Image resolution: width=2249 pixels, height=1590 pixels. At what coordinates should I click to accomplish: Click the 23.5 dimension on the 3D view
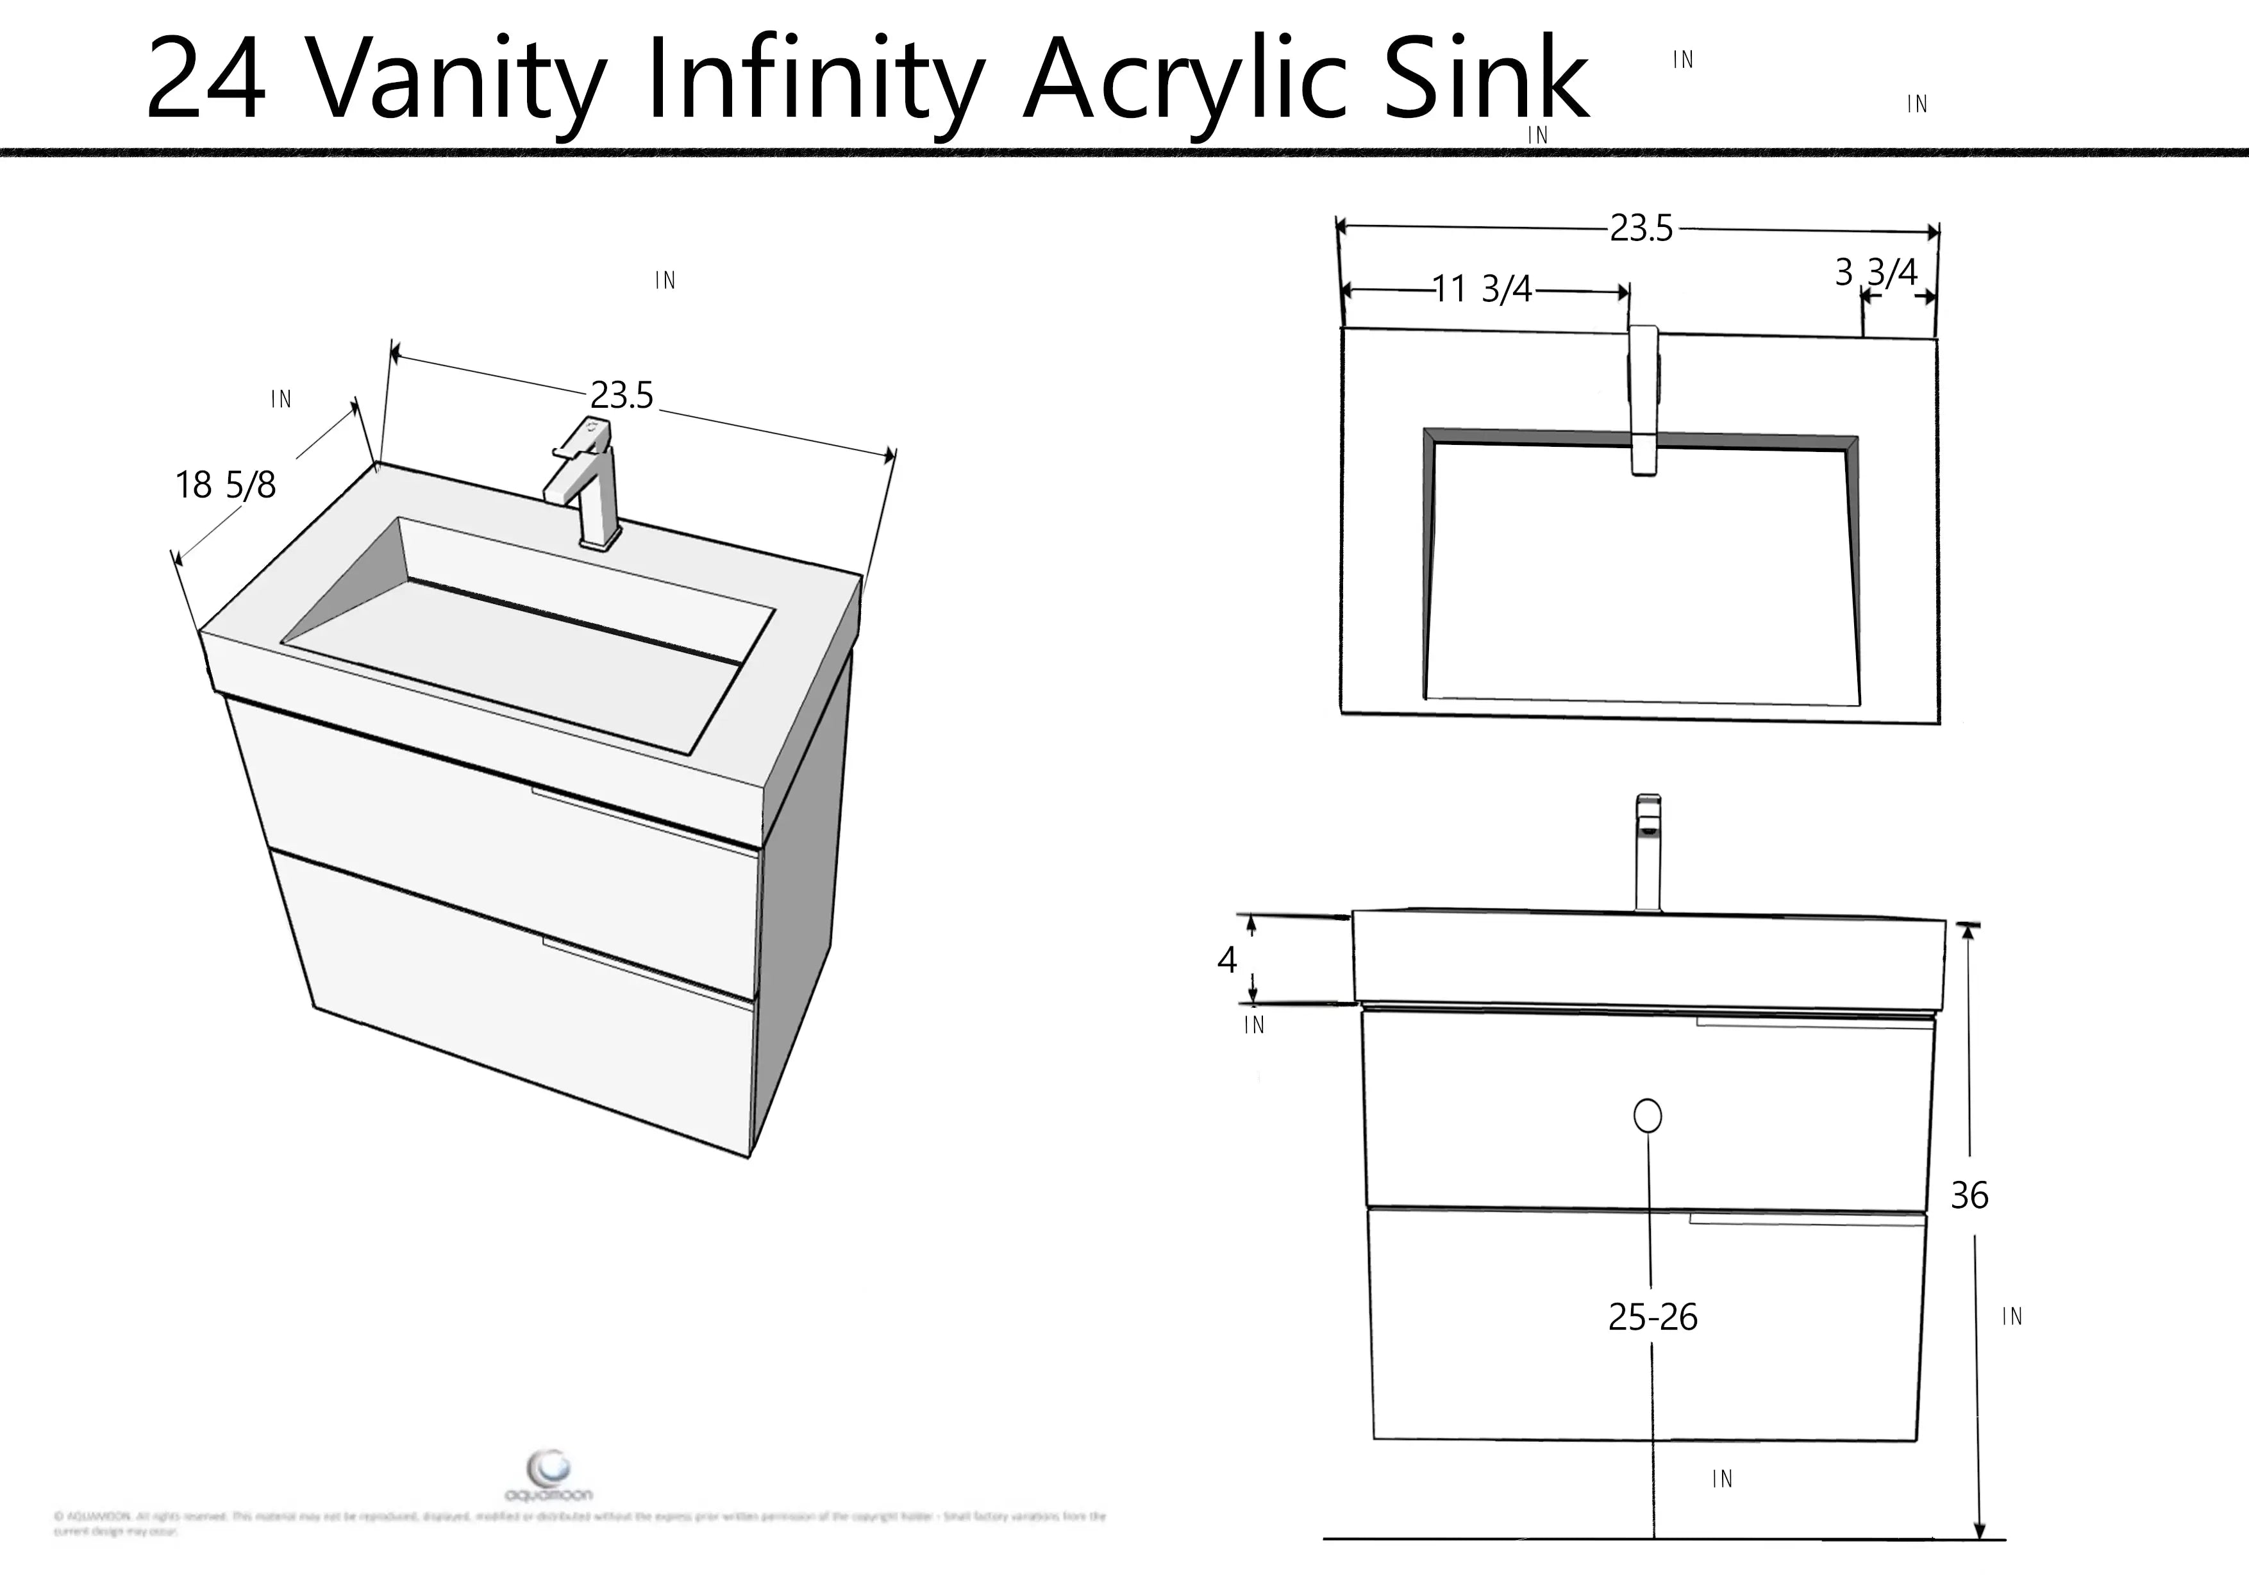coord(621,396)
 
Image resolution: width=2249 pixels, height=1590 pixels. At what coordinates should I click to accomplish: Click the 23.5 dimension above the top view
coord(1642,228)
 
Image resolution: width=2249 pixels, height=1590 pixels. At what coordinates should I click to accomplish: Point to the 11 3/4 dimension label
coord(1482,290)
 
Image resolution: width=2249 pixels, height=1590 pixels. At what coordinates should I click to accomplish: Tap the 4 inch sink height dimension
coord(1226,960)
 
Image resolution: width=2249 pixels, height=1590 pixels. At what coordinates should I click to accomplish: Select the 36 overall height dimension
coord(1969,1195)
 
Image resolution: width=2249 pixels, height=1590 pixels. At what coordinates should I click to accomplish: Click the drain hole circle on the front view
coord(1648,1116)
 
